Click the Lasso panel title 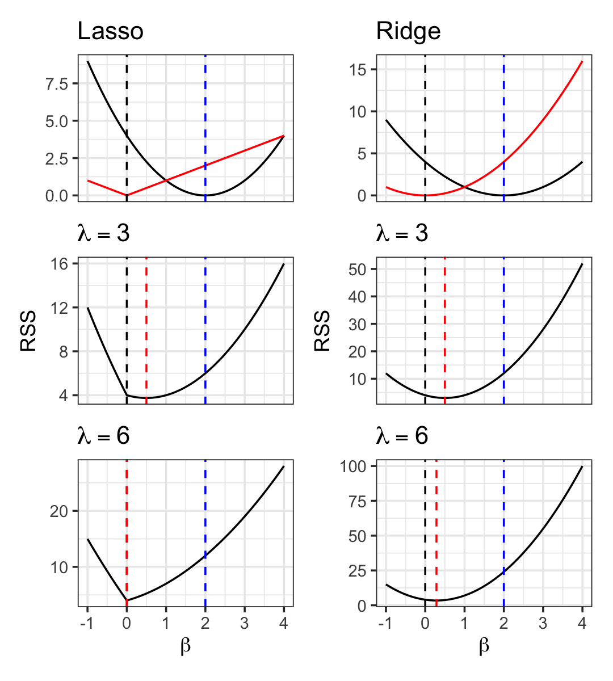pos(110,31)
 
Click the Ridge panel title pos(408,31)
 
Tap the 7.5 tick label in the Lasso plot pos(57,84)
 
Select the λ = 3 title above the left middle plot pos(103,233)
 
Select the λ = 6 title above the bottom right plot pos(402,436)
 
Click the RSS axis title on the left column pos(28,331)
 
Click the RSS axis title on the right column pos(322,331)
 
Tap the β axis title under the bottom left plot pos(186,646)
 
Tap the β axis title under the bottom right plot pos(484,646)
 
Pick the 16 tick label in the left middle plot pos(60,264)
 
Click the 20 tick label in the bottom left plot pos(59,511)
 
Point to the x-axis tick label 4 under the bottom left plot pos(284,623)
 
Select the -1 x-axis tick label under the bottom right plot pos(385,623)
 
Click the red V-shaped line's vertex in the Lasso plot pos(127,195)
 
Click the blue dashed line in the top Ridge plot pos(503,113)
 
